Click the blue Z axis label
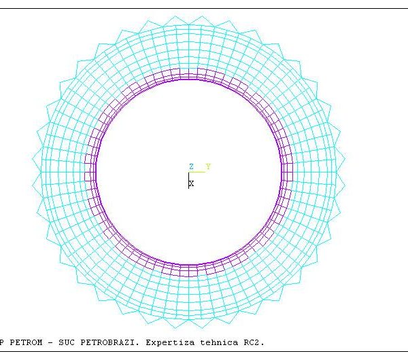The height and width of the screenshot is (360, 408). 191,166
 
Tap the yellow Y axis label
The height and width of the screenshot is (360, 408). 208,166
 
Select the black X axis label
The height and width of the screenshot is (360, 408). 192,183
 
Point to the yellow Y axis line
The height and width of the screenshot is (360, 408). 197,172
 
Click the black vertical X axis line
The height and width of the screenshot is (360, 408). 188,181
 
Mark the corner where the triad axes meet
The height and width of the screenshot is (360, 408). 188,172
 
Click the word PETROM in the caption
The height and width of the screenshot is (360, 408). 26,342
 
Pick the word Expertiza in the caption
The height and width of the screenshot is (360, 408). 170,343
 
